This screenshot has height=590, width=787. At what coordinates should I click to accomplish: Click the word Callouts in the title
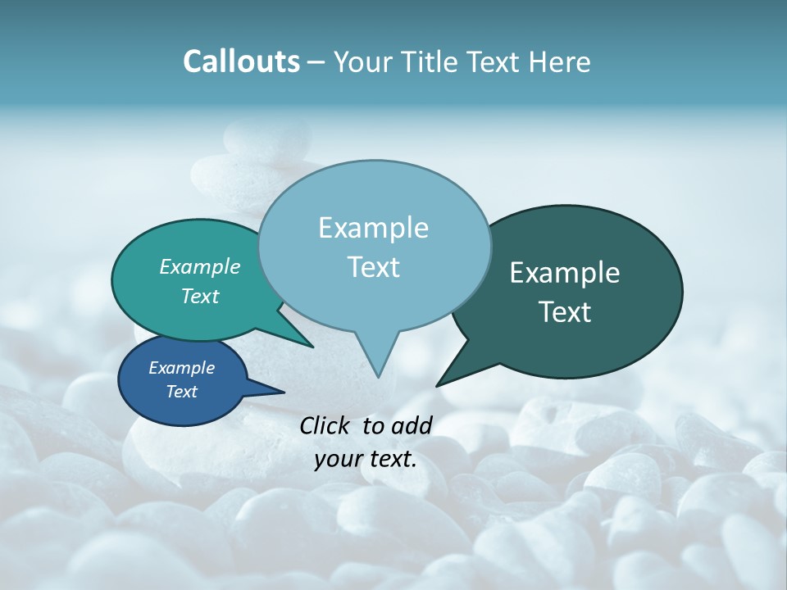click(241, 61)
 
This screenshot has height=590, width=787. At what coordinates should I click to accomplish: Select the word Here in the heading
click(558, 61)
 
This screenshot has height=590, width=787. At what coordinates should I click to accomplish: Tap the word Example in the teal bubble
click(200, 266)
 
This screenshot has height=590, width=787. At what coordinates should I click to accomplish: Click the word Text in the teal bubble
click(200, 296)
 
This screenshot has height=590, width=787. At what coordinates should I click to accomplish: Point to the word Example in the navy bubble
click(182, 368)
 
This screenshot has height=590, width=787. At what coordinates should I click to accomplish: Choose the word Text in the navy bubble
click(182, 392)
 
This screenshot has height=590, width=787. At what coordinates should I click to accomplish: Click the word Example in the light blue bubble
click(373, 228)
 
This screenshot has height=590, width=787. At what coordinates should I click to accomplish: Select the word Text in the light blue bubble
click(373, 267)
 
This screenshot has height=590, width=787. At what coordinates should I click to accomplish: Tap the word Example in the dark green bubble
click(565, 273)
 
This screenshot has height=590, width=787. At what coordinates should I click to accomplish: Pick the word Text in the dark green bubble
click(565, 312)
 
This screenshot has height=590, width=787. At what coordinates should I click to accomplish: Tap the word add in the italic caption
click(412, 425)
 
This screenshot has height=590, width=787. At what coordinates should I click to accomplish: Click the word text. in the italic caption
click(389, 460)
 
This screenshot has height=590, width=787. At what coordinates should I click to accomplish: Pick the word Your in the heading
click(363, 61)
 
